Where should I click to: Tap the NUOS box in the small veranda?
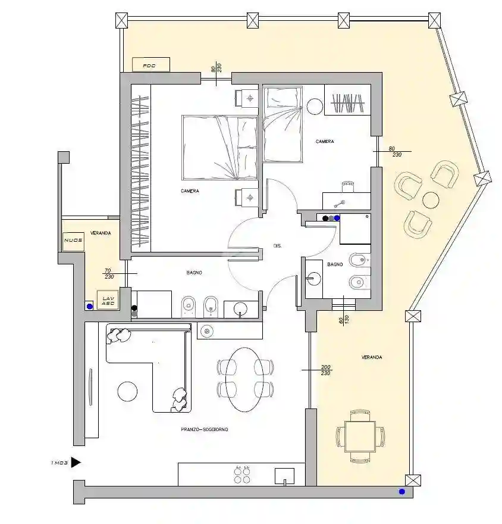coord(73,241)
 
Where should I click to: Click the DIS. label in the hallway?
coord(277,245)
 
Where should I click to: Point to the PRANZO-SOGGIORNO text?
coord(205,429)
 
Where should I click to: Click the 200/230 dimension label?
coord(325,370)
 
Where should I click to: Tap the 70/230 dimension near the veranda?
coord(108,273)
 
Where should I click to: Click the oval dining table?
coord(246,379)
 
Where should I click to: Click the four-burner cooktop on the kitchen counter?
coord(242,474)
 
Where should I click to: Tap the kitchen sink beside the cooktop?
coord(284,475)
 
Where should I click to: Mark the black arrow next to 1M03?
coord(76,462)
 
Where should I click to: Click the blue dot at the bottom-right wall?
coord(402,492)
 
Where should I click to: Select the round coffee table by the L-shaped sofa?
coord(128,391)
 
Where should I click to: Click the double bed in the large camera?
coord(219,148)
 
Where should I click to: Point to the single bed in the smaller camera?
coord(283,124)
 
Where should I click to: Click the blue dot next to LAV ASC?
coord(90,307)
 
